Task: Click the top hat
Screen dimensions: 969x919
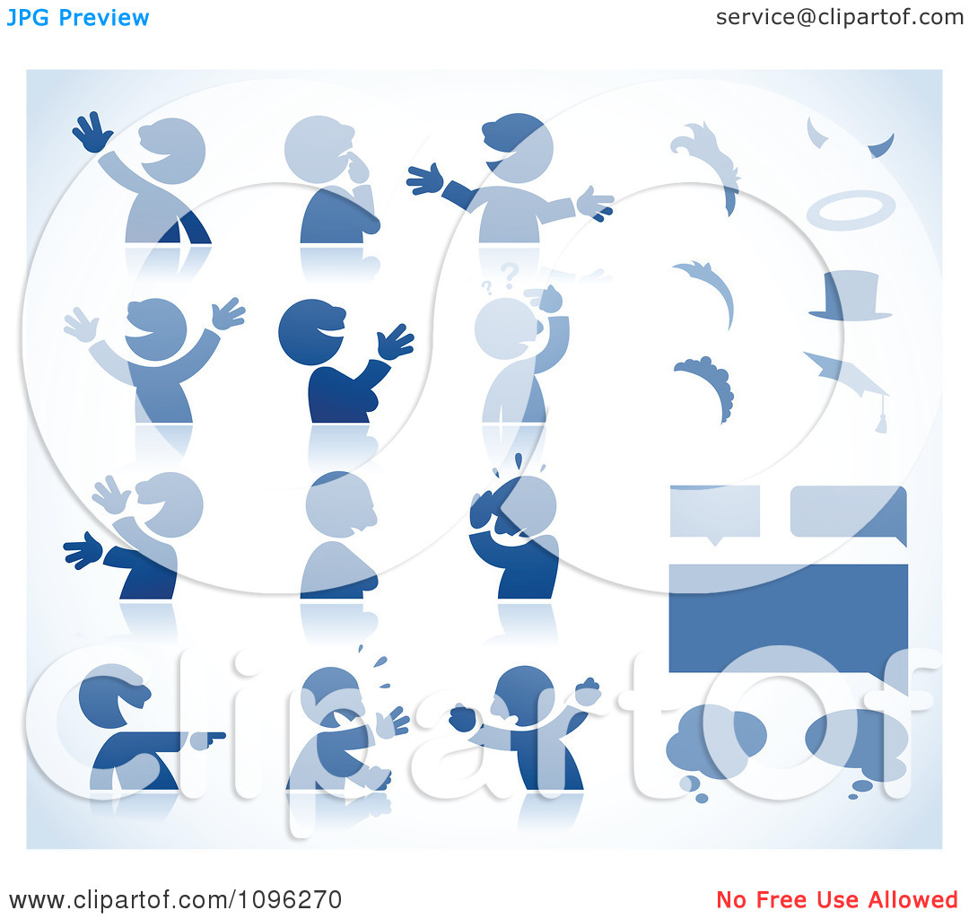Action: [x=851, y=297]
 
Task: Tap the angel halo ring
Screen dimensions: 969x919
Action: [x=851, y=210]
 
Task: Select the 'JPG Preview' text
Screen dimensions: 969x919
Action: [x=78, y=18]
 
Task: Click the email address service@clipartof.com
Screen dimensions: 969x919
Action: [x=839, y=17]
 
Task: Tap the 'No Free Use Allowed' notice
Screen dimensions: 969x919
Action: [x=837, y=899]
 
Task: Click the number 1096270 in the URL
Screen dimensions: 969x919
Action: [x=290, y=900]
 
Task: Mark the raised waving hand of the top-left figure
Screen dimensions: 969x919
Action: [x=92, y=132]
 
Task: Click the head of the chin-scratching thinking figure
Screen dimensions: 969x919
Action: [x=319, y=149]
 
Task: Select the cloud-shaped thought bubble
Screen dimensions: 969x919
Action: [x=716, y=741]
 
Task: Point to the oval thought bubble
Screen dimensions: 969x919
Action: [x=857, y=741]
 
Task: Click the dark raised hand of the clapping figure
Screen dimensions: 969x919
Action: [x=394, y=343]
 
